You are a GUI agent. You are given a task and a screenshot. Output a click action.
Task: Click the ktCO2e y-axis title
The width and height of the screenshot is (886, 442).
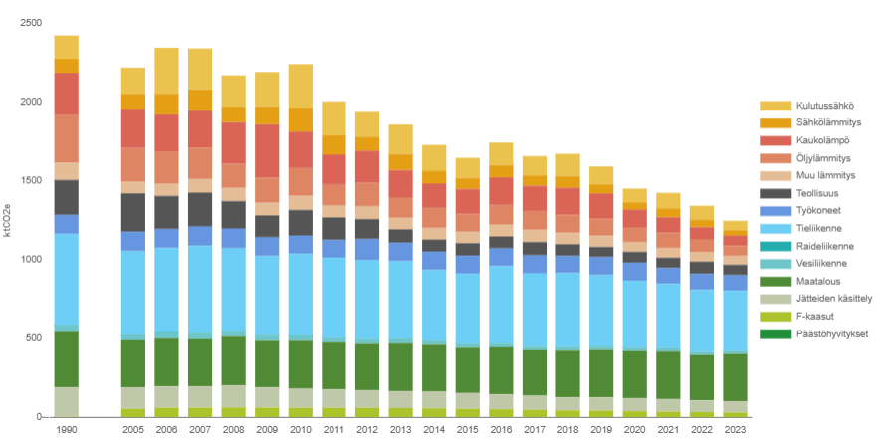[9, 219]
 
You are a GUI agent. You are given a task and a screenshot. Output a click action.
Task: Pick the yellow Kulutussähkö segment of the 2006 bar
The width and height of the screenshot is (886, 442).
[166, 71]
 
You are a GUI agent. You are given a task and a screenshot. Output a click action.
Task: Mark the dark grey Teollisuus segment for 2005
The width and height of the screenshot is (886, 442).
[133, 212]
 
